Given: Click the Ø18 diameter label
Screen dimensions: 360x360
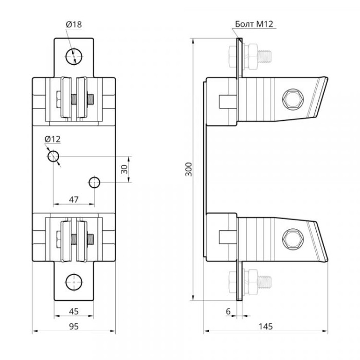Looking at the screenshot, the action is tap(74, 24).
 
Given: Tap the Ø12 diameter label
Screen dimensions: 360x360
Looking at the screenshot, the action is tap(52, 139).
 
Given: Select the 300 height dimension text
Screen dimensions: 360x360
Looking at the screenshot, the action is tap(189, 169).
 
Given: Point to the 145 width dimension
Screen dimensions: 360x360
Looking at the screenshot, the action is tap(266, 326).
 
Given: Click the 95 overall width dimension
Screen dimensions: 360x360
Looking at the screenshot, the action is tap(74, 326).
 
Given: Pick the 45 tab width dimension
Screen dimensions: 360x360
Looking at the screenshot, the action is tap(74, 311).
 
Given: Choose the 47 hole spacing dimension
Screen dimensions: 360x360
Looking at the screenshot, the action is tap(74, 200).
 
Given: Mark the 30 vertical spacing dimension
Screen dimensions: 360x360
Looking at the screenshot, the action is tap(124, 169).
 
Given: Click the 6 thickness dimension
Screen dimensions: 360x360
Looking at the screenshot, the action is tap(228, 311).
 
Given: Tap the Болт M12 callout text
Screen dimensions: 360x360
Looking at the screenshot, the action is tap(254, 24).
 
